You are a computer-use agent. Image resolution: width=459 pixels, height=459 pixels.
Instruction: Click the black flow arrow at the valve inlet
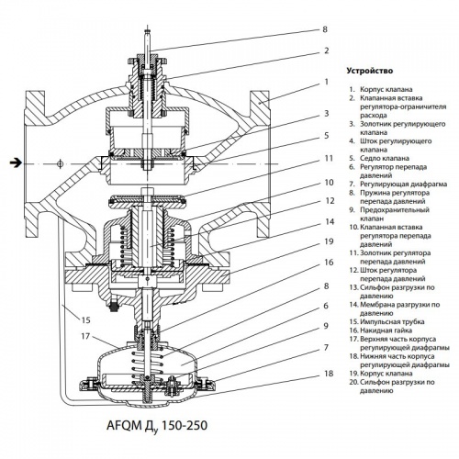point(15,163)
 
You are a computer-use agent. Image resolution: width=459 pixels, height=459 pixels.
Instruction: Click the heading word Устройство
point(368,70)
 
